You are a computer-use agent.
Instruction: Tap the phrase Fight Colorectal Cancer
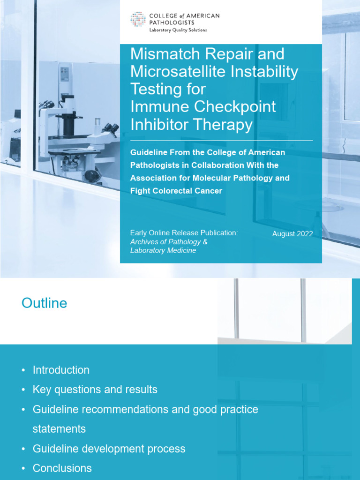coord(176,191)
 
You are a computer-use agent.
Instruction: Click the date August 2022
coord(292,233)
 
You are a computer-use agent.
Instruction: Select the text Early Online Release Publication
coord(184,233)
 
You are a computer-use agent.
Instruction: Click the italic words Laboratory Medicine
coord(163,250)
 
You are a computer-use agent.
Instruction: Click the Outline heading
coord(44,303)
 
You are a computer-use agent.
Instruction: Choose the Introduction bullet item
coord(61,370)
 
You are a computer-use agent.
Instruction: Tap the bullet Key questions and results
coord(95,390)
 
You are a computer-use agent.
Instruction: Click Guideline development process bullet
coord(109,449)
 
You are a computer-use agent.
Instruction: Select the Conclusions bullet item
coord(62,468)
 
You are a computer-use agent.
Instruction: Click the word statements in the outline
coord(59,428)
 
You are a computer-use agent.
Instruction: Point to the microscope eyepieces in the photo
coord(110,128)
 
